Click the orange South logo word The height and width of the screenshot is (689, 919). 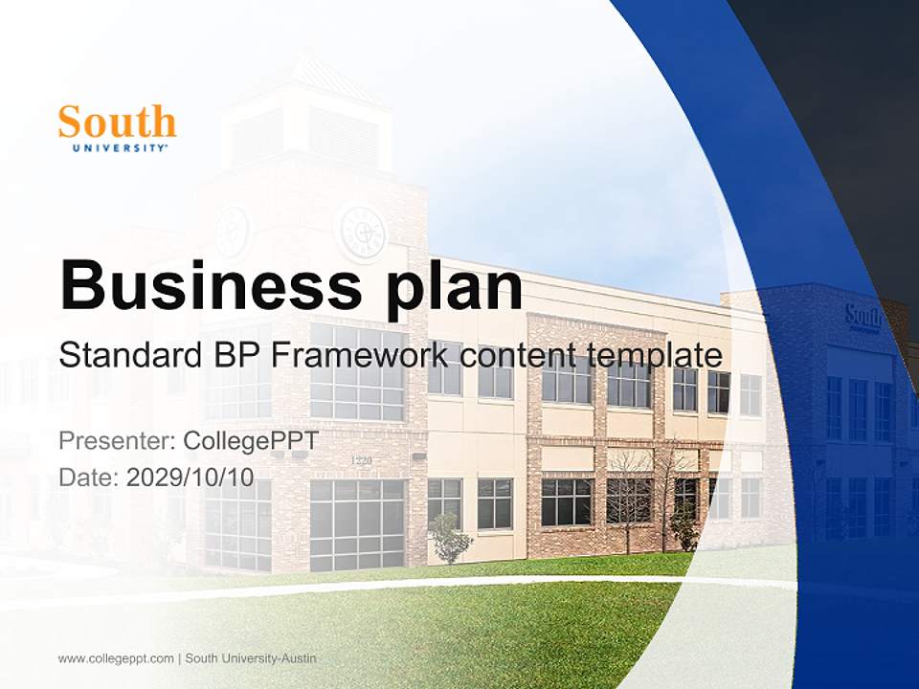[x=117, y=122]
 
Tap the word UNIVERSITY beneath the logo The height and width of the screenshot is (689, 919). [x=120, y=148]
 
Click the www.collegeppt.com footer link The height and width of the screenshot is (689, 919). [x=116, y=658]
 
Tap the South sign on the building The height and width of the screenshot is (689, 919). [x=863, y=317]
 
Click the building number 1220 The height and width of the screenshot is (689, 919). [x=361, y=461]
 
